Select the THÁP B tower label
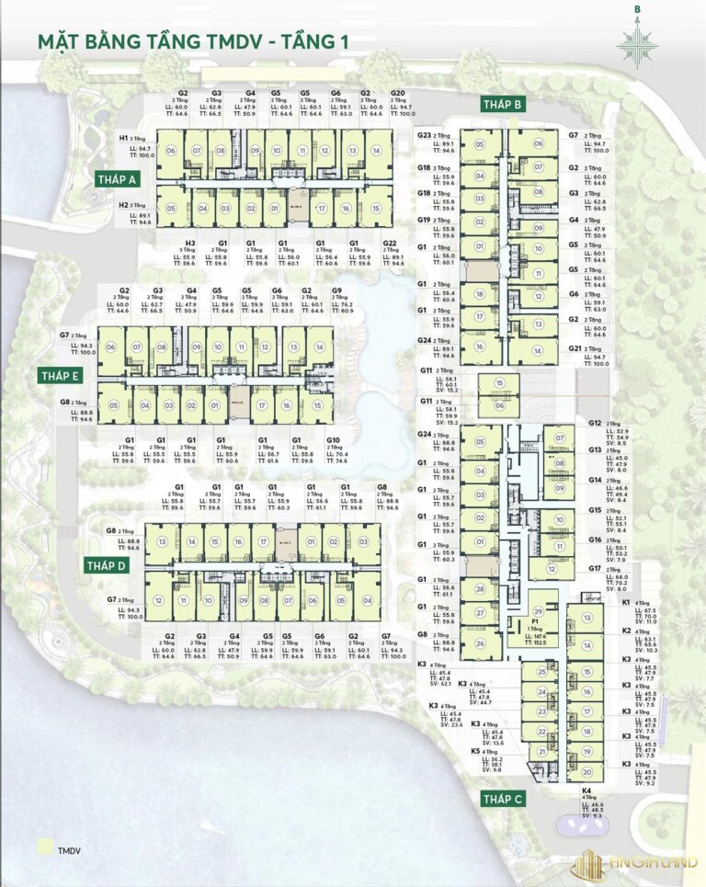click(x=502, y=106)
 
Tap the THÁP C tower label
click(x=503, y=798)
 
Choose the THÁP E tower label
click(x=61, y=376)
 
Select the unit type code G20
click(x=397, y=94)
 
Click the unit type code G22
click(x=390, y=244)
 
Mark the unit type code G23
click(x=425, y=135)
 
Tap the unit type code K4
click(x=586, y=790)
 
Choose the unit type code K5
click(x=476, y=751)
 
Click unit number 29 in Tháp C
click(x=539, y=611)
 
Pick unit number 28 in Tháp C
click(x=479, y=586)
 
